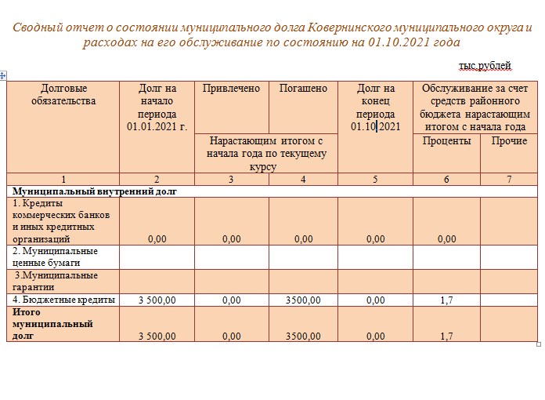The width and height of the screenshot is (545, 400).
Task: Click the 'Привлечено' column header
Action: pos(231,89)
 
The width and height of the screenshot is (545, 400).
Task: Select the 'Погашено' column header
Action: pos(303,89)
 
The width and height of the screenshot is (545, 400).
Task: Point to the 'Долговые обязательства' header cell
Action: pos(63,94)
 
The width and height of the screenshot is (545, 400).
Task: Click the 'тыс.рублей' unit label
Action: pos(485,65)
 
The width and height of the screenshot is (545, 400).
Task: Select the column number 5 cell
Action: pos(375,180)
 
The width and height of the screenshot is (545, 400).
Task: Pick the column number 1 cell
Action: pos(63,180)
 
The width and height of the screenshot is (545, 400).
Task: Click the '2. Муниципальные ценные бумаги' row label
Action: pos(55,257)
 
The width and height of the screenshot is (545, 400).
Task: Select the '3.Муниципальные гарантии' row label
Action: pos(55,281)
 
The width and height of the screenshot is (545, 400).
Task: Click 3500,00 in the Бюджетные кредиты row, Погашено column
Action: pos(303,300)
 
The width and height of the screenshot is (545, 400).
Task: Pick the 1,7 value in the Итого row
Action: pos(446,336)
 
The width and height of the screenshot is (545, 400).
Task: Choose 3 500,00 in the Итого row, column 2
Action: pos(157,336)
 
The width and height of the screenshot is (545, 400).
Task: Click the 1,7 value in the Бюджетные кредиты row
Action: pos(446,300)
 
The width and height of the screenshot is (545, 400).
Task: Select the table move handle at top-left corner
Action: pos(3,75)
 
